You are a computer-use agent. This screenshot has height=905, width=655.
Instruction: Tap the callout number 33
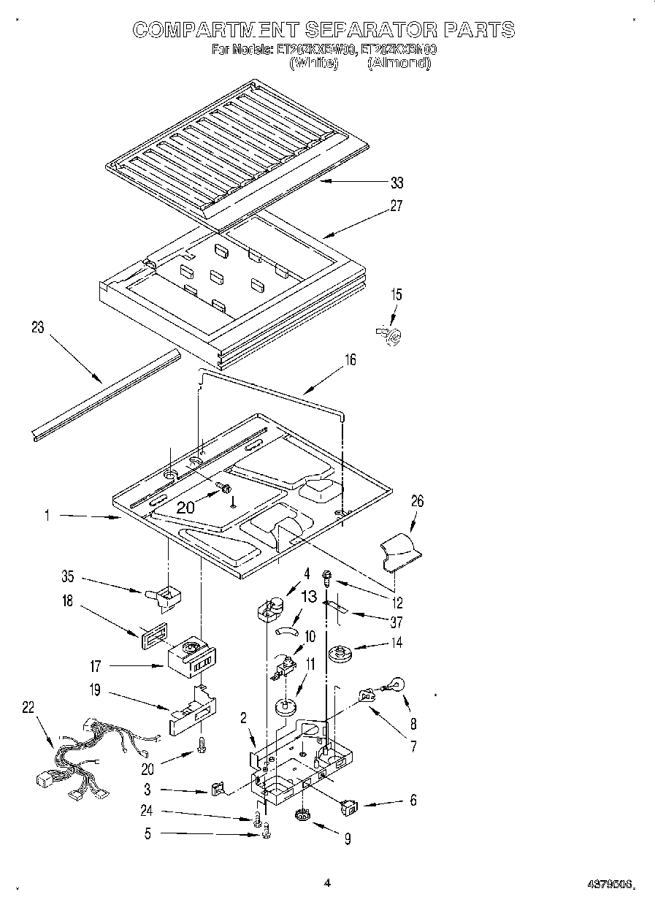point(397,183)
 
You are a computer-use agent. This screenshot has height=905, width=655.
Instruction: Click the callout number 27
point(396,206)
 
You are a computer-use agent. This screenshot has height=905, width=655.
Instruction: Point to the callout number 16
point(351,360)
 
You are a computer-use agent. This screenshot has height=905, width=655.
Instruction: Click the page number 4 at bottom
point(328,883)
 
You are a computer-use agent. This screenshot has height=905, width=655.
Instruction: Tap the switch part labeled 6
point(350,807)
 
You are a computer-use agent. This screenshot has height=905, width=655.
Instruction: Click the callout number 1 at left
point(46,515)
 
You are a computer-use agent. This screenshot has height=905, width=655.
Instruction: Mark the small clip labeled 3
point(217,788)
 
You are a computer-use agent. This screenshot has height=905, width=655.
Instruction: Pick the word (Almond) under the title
point(399,64)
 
